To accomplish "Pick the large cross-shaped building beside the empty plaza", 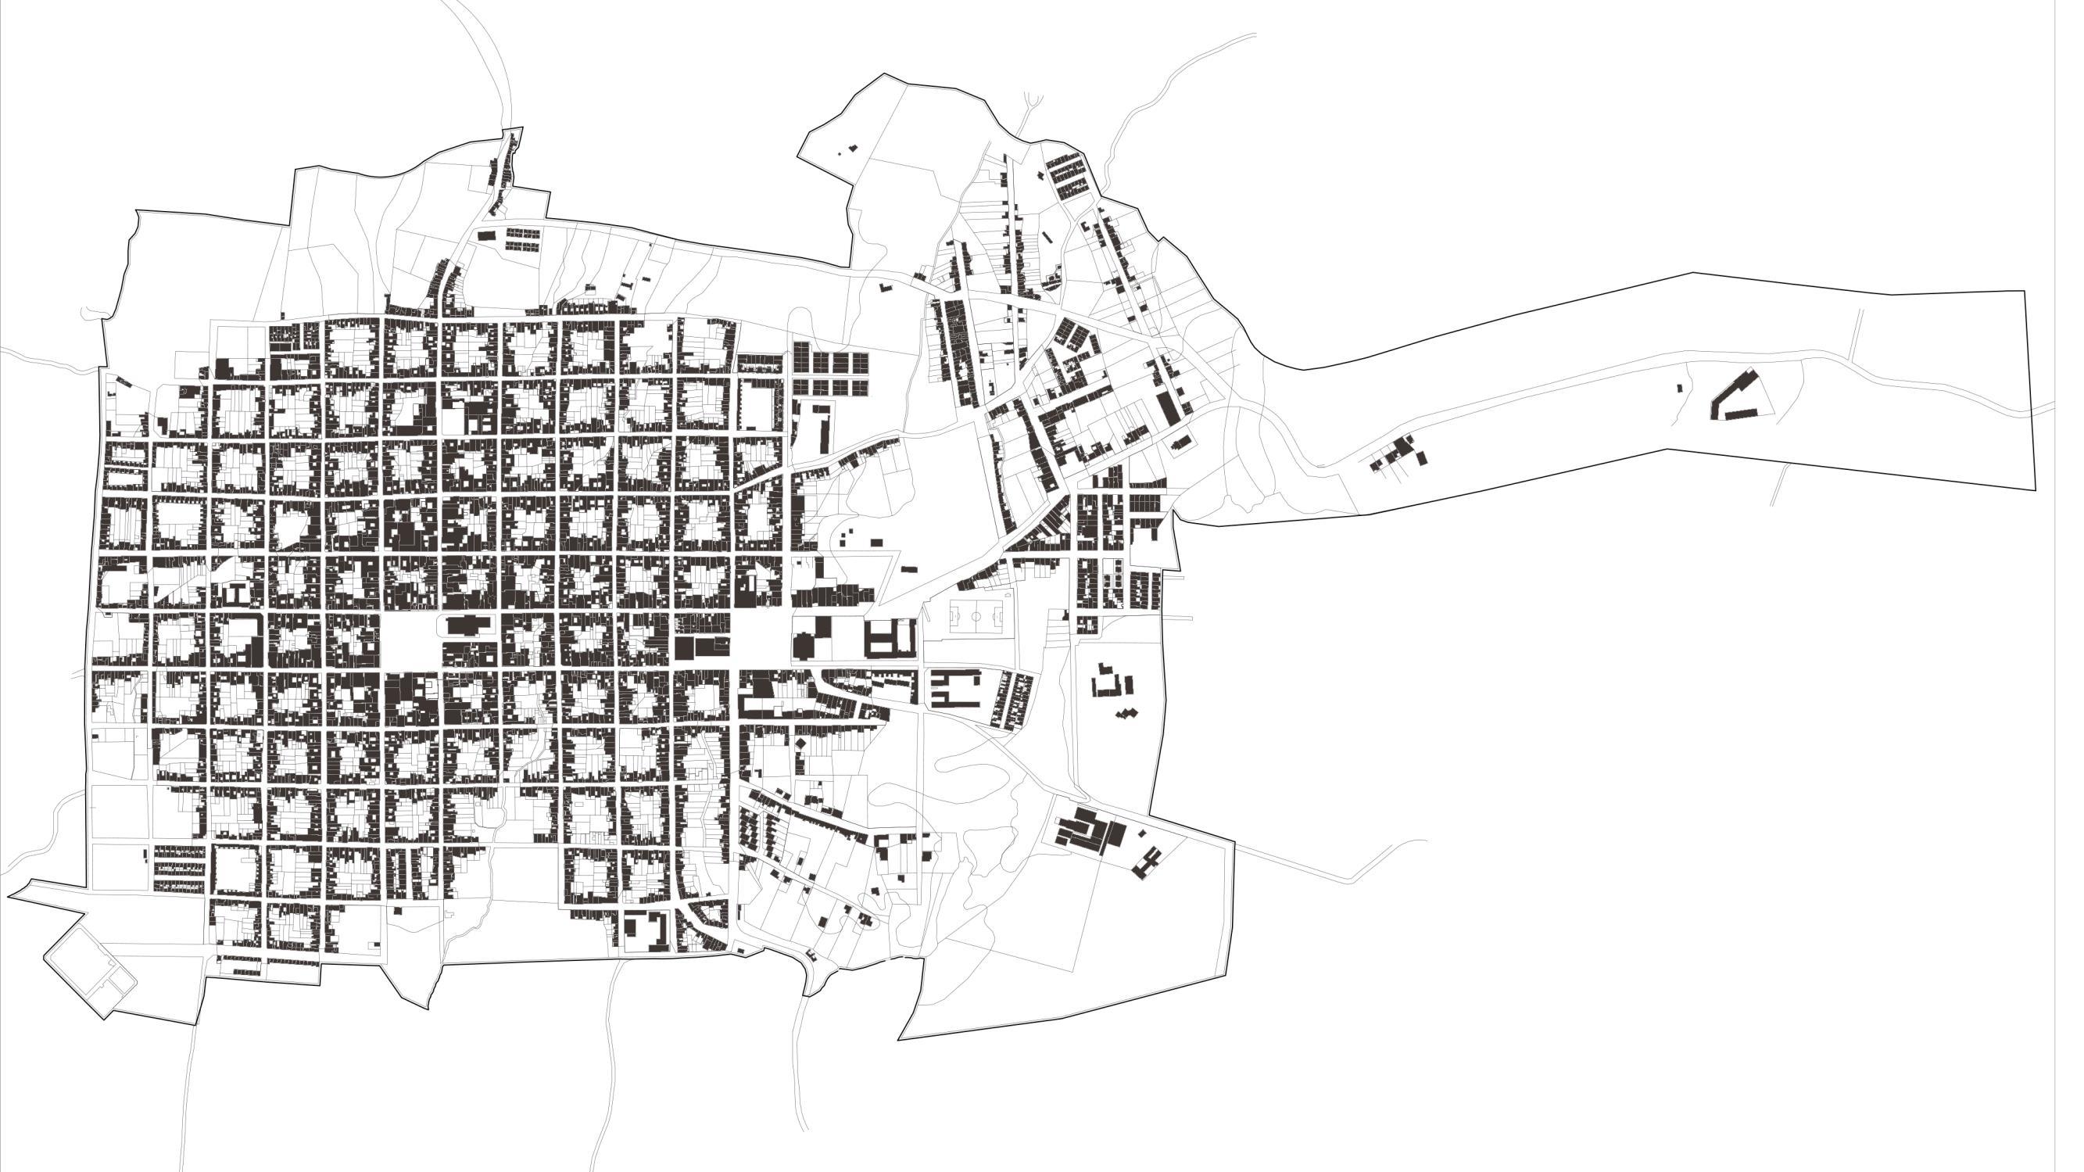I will tap(462, 625).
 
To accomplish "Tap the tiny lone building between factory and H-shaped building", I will tap(1142, 833).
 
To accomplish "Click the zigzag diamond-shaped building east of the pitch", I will tap(1125, 713).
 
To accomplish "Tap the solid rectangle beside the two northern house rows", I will tap(485, 235).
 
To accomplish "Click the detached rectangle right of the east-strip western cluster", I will tap(1421, 459).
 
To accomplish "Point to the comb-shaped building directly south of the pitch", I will tap(954, 688).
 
